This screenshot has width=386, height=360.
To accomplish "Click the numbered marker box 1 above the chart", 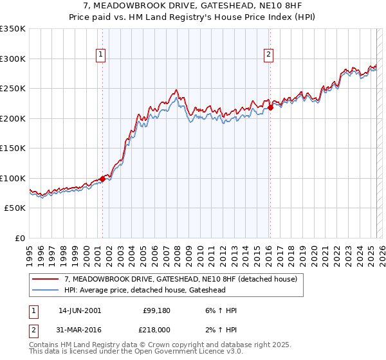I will click(x=102, y=55).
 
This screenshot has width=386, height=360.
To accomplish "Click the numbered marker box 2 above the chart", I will click(x=268, y=55).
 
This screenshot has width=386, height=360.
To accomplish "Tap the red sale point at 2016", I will click(x=271, y=108).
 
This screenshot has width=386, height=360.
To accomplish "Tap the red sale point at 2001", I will click(x=103, y=179).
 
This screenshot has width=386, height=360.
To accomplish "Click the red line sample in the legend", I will click(x=45, y=280).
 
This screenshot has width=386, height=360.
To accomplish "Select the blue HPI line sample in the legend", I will click(x=45, y=291).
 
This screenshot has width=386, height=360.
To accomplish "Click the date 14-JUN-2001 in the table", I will click(x=80, y=310).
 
